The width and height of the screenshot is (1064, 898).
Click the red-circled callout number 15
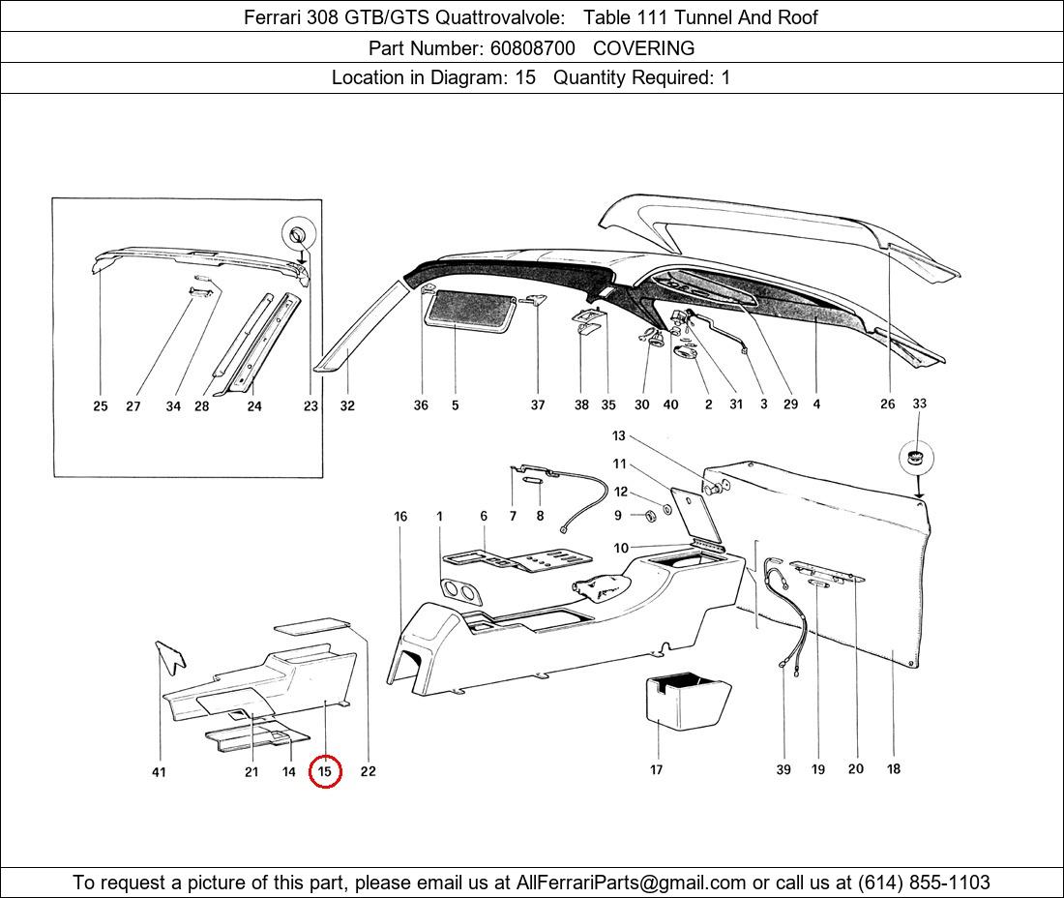click(324, 771)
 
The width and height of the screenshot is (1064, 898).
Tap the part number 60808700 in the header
click(532, 48)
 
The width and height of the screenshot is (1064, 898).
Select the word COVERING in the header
click(643, 48)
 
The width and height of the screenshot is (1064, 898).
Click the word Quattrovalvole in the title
click(499, 17)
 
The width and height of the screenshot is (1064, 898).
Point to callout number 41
click(159, 772)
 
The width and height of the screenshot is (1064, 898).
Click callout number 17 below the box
click(656, 769)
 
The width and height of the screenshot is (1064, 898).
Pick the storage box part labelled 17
click(687, 702)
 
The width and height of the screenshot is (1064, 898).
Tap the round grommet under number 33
click(916, 457)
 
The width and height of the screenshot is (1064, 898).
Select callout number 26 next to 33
click(888, 404)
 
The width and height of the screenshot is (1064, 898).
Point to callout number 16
click(400, 517)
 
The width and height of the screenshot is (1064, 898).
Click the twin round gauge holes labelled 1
click(460, 592)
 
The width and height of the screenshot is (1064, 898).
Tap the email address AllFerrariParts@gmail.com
click(631, 883)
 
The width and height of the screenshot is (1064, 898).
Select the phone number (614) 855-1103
click(924, 883)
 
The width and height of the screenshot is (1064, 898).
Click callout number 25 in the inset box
click(101, 405)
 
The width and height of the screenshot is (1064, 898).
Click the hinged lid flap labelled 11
click(695, 516)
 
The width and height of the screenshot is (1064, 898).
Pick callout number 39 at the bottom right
click(783, 769)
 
